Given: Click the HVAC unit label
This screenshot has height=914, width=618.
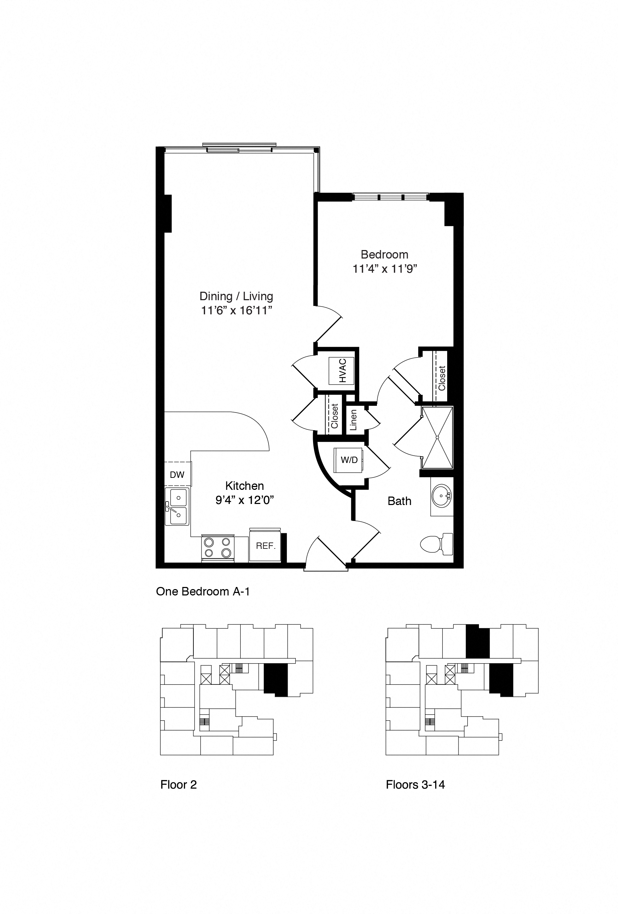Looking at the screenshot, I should pos(342,370).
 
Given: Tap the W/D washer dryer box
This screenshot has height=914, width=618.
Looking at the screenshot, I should pos(348,460).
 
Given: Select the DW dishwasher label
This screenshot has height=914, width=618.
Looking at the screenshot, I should pos(177,475).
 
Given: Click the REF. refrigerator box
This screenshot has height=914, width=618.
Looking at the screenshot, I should pos(265,546).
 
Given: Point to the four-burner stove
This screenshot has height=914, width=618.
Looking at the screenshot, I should pos(218,548).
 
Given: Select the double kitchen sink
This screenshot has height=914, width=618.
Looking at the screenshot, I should pos(177,506).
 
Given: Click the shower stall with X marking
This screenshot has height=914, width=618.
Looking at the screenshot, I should pos(437,437).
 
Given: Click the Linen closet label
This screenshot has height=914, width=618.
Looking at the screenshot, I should pos(353,420).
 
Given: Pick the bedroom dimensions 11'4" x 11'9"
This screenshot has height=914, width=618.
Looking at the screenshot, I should pos(384,269).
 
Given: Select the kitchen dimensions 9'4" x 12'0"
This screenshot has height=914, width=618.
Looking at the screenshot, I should pos(244,500).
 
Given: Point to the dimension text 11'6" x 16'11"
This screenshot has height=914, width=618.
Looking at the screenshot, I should pos(236,311).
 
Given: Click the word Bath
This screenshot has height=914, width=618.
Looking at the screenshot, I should pos(399,501).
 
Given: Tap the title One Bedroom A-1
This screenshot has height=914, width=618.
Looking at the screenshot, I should pos(203,592).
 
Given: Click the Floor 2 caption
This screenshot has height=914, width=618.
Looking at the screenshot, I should pos(178,785).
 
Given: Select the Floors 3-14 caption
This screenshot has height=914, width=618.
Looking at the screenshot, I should pos(415,785).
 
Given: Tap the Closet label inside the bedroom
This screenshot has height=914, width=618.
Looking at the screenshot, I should pos(442,378).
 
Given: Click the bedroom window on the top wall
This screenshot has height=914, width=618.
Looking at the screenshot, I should pos(390,197).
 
